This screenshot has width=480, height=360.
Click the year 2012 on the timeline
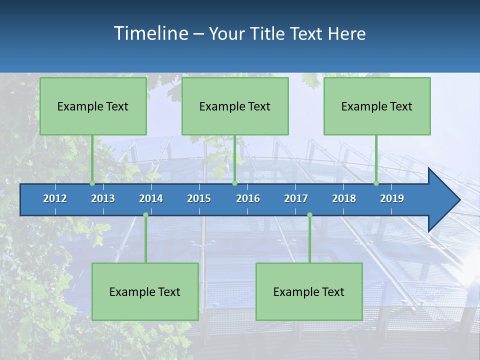pyautogui.click(x=55, y=198)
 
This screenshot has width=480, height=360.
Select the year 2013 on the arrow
pyautogui.click(x=103, y=198)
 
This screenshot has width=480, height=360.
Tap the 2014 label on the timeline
pyautogui.click(x=151, y=198)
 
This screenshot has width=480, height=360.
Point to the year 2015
pyautogui.click(x=199, y=198)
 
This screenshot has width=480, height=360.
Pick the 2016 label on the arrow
pyautogui.click(x=248, y=198)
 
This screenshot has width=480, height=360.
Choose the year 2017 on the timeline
pyautogui.click(x=296, y=198)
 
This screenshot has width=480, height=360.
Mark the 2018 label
pyautogui.click(x=344, y=198)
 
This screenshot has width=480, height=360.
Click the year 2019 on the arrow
pyautogui.click(x=392, y=198)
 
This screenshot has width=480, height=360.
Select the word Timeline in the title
pyautogui.click(x=150, y=33)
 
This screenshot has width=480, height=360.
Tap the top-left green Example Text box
pyautogui.click(x=93, y=106)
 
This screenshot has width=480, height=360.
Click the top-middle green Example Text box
pyautogui.click(x=235, y=106)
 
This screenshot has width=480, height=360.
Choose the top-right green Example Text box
pyautogui.click(x=377, y=106)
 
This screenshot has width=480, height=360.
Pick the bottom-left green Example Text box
pyautogui.click(x=145, y=291)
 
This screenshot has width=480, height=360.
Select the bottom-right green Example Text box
pyautogui.click(x=309, y=291)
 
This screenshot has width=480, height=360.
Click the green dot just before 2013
pyautogui.click(x=92, y=183)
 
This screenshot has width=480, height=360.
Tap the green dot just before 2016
pyautogui.click(x=234, y=183)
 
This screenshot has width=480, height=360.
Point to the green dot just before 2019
pyautogui.click(x=376, y=183)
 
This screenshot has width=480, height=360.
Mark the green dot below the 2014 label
pyautogui.click(x=145, y=214)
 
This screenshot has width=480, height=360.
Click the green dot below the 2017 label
pyautogui.click(x=309, y=214)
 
